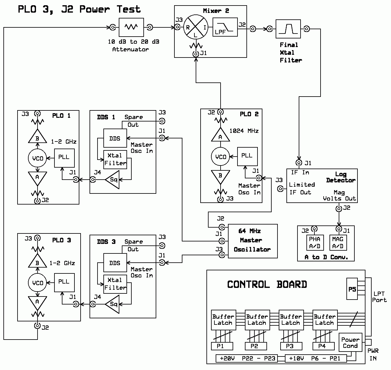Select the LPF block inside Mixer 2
point(225,27)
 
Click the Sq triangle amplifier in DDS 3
point(112,304)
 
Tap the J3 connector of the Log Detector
point(281,189)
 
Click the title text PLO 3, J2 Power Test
point(79,10)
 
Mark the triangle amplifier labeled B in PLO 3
point(38,261)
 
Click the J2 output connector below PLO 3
point(38,326)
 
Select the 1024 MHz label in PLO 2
point(244,131)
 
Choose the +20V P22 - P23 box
point(247,358)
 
